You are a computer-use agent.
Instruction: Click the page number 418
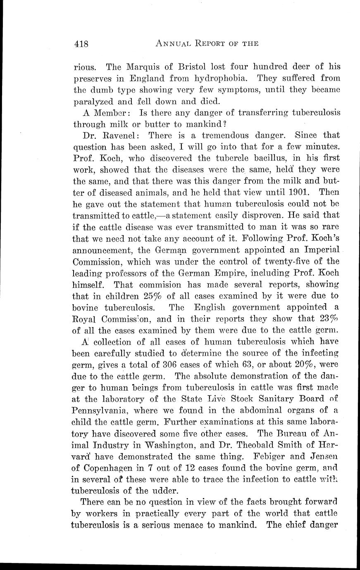(x=81, y=44)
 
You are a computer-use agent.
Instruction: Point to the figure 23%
(x=329, y=319)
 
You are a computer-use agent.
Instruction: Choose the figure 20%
(x=300, y=365)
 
